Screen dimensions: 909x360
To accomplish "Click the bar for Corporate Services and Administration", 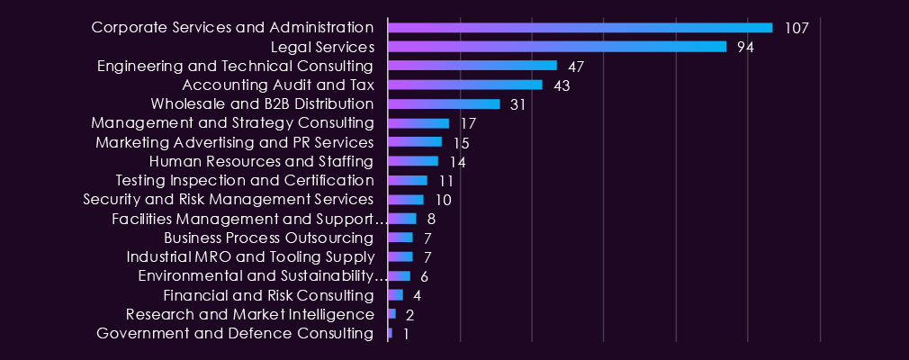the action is (580, 28).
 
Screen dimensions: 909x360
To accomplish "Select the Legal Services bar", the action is (557, 47).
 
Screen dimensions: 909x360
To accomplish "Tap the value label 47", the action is (576, 67).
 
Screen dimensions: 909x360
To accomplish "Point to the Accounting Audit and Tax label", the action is (278, 85).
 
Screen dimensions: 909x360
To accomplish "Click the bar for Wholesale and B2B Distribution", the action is (444, 104).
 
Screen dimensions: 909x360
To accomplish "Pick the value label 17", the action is (468, 124).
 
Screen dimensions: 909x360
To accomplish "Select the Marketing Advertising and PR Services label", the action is (235, 142).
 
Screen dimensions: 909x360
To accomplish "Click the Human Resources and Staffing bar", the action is (413, 161).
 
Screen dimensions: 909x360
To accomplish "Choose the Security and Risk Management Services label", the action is (229, 200).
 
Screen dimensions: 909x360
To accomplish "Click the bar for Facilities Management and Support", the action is (402, 219).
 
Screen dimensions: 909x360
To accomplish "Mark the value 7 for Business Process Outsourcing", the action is (427, 238).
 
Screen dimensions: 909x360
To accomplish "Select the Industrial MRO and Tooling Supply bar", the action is (400, 256).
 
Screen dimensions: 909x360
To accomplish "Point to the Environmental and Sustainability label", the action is (263, 276).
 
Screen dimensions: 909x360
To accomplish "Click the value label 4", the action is (417, 296).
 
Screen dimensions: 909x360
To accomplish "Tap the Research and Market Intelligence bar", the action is (391, 314).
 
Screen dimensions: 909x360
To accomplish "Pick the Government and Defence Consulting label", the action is (235, 333).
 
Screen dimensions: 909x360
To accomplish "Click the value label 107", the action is (796, 29).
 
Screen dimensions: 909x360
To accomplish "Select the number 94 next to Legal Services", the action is (745, 48).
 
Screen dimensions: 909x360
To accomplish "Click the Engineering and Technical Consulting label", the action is (236, 67).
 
